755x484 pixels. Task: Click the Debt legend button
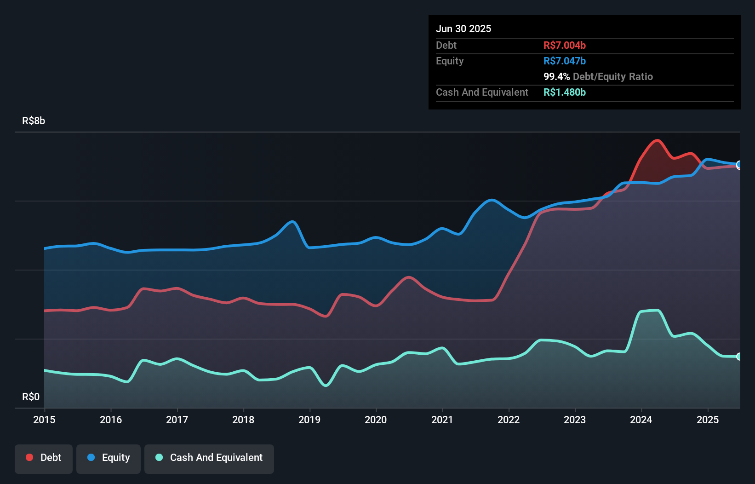pos(43,458)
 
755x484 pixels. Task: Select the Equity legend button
pos(109,458)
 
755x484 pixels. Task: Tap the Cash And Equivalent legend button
pos(209,458)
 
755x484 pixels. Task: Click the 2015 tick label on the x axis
pos(44,420)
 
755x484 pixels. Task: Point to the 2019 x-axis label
pos(309,420)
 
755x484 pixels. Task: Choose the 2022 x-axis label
pos(509,420)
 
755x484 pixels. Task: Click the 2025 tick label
pos(708,420)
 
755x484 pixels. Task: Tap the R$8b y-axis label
pos(34,121)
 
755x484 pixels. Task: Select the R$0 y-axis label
pos(31,397)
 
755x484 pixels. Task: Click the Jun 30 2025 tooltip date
pos(463,29)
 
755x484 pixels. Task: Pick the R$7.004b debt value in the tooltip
pos(564,45)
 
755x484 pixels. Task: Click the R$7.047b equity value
pos(564,61)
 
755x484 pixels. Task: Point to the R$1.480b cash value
pos(564,92)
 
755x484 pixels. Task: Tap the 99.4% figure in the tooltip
pos(556,76)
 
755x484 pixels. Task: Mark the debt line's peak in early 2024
pos(657,140)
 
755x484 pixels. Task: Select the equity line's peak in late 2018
pos(292,222)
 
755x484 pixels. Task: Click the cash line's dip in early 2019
pos(326,386)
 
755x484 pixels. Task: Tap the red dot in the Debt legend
pos(29,457)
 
